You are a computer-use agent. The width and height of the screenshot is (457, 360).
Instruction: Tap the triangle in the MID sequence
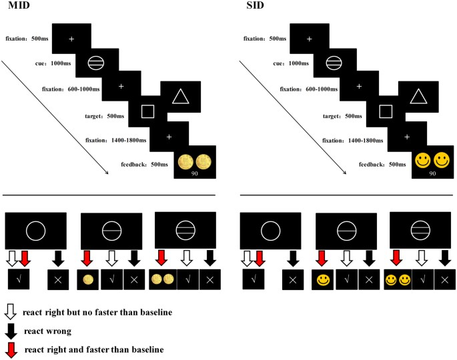(181, 97)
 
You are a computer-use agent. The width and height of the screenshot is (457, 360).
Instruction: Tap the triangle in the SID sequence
(419, 97)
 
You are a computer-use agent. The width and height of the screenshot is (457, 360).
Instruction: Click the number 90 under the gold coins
(194, 173)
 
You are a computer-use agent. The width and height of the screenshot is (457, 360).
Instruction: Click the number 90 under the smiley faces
(432, 173)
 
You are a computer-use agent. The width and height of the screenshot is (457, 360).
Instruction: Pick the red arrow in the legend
(11, 349)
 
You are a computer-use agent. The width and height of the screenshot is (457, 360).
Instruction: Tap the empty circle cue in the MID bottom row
(35, 231)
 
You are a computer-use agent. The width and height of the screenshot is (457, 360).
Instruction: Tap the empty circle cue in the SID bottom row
(272, 231)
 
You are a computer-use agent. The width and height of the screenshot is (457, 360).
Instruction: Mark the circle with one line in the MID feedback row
(111, 231)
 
